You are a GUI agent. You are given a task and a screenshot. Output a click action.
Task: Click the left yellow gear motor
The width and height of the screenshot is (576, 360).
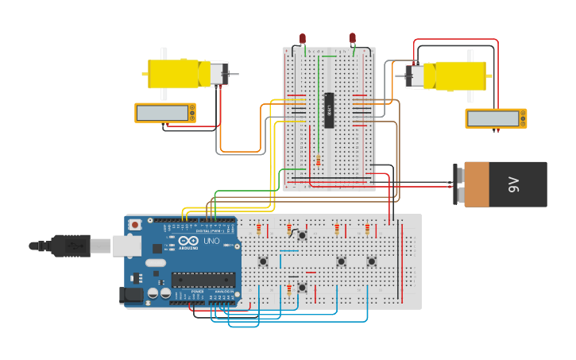click(x=179, y=74)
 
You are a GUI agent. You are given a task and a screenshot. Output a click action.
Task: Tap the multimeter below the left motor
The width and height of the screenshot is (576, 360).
click(x=165, y=113)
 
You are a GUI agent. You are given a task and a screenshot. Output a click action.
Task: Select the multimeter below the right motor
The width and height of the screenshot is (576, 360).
click(x=495, y=118)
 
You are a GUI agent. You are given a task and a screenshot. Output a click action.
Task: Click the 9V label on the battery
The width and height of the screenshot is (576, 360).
click(x=513, y=185)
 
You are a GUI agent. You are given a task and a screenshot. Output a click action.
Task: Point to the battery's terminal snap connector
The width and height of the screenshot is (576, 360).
click(x=458, y=184)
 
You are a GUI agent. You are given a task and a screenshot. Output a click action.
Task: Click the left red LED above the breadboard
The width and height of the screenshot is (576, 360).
click(x=303, y=38)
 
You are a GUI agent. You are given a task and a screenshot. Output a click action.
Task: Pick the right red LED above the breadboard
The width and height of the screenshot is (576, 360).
click(x=352, y=37)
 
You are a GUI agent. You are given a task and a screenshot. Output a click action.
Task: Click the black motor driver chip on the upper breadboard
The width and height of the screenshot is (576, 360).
click(x=328, y=110)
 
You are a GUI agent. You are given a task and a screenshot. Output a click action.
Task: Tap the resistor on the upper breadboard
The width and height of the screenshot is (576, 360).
click(x=319, y=161)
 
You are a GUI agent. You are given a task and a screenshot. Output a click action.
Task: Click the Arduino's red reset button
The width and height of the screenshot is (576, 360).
click(x=135, y=225)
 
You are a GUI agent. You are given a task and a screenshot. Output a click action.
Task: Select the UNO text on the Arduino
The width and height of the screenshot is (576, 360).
click(x=211, y=242)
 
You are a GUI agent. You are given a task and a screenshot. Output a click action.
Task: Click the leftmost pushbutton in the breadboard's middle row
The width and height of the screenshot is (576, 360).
click(x=263, y=261)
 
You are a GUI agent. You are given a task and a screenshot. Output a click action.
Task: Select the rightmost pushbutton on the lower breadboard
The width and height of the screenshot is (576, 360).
click(x=371, y=261)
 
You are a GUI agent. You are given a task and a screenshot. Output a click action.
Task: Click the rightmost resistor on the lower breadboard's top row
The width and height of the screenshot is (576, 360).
click(x=367, y=230)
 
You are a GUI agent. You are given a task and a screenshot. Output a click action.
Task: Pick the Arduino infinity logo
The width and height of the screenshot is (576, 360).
click(x=188, y=242)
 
